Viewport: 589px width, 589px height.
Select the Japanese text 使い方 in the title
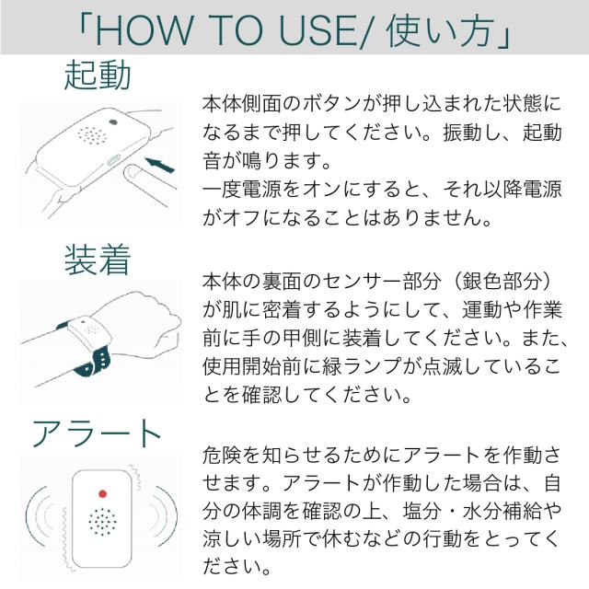click(x=449, y=29)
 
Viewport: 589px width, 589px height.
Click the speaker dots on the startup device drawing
click(x=91, y=135)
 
